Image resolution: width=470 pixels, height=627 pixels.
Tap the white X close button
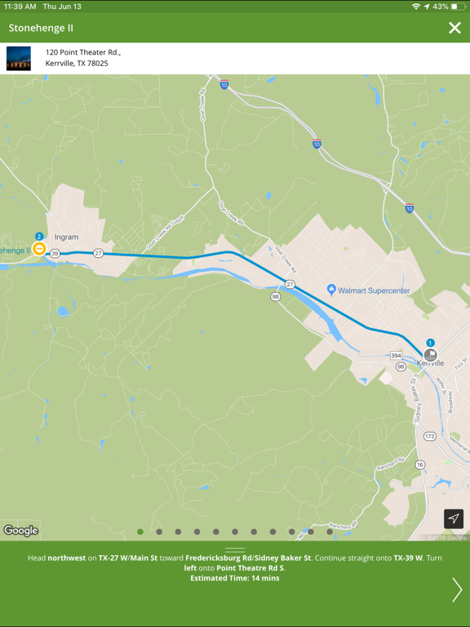[x=454, y=28]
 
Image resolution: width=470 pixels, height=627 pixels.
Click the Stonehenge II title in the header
[x=41, y=28]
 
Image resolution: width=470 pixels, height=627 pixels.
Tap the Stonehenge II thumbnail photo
[x=19, y=58]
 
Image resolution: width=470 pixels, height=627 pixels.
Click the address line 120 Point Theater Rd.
[x=83, y=52]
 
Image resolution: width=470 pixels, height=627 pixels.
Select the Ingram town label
[x=66, y=238]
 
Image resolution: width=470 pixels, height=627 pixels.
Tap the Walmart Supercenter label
[x=374, y=291]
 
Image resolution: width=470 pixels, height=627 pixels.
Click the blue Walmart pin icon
[x=331, y=290]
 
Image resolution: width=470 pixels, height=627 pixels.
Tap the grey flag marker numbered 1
[x=430, y=354]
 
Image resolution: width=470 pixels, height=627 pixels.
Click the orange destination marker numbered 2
[x=38, y=248]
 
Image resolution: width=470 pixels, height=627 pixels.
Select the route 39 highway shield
[x=55, y=254]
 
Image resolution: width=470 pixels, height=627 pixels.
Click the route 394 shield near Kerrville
[x=396, y=356]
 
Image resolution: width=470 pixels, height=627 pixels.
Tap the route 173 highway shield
[x=429, y=436]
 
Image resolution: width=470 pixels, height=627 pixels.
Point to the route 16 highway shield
[x=420, y=465]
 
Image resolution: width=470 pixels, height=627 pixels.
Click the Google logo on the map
[x=20, y=531]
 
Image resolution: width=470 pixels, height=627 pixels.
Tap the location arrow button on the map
[x=454, y=518]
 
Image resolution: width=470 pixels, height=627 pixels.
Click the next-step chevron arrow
[x=456, y=589]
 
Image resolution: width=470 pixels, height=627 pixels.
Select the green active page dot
[x=140, y=531]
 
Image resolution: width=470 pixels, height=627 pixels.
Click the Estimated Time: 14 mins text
[x=235, y=578]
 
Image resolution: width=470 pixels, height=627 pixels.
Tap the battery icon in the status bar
[x=458, y=7]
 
